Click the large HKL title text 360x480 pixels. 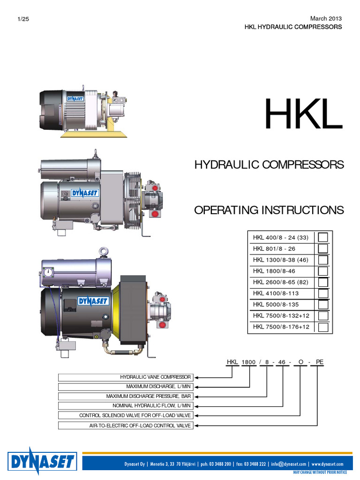click(303, 114)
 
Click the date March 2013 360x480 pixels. click(326, 18)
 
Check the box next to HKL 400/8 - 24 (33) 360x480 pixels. click(322, 237)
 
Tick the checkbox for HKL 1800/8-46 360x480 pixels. click(322, 271)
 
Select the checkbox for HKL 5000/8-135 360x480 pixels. click(322, 304)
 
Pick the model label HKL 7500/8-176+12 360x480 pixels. click(281, 327)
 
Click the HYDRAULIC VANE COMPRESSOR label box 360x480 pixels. click(126, 377)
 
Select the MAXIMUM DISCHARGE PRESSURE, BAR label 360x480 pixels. click(126, 396)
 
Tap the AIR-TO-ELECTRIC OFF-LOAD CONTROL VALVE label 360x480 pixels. click(126, 425)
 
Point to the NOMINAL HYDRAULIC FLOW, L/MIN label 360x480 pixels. click(126, 405)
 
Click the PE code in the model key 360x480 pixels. click(320, 362)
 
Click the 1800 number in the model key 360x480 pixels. click(248, 362)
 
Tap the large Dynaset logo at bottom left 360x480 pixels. click(42, 462)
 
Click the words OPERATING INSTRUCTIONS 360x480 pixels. click(269, 210)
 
